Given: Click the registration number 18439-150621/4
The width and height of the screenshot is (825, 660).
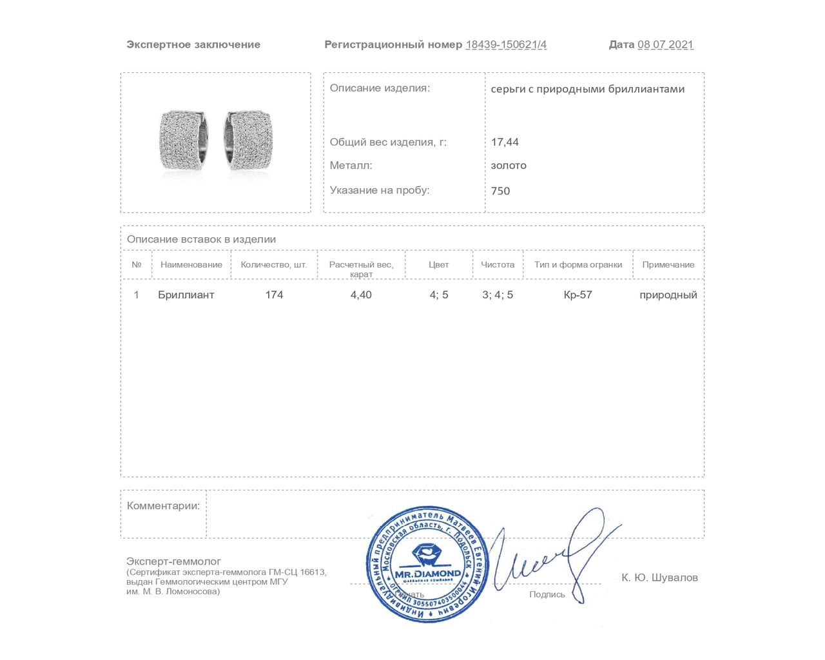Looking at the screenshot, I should click(506, 44).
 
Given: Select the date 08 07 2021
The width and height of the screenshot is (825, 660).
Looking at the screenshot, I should click(665, 44).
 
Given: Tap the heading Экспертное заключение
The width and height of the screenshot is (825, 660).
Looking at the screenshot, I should click(193, 44).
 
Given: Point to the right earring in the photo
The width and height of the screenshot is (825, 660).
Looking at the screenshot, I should click(248, 140).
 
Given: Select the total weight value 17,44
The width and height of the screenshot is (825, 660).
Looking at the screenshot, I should click(505, 142).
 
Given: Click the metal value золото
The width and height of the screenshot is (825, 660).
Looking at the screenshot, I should click(509, 166).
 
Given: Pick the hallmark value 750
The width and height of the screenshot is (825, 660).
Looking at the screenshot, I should click(500, 191).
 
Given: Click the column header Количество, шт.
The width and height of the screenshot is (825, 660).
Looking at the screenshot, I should click(274, 265).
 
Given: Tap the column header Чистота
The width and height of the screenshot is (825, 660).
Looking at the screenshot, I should click(498, 265).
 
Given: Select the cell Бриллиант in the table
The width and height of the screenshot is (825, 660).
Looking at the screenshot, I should click(186, 295).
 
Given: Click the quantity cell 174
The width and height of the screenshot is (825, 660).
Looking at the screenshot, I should click(274, 295).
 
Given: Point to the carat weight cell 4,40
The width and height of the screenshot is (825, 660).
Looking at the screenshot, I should click(361, 295).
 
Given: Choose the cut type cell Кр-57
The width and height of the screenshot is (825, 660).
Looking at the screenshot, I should click(577, 295).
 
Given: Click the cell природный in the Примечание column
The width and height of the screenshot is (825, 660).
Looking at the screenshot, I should click(668, 295).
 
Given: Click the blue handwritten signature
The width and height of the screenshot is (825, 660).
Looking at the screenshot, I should click(548, 554).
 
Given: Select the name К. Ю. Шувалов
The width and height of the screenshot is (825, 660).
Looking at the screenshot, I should click(659, 577).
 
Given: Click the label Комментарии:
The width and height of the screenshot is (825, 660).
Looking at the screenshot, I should click(163, 506).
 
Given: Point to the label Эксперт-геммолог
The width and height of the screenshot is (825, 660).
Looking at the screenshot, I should click(173, 561).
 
